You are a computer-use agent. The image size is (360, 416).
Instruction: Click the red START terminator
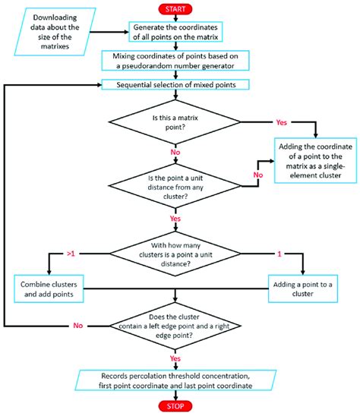click(176, 8)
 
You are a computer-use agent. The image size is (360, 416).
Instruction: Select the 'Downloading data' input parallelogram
click(61, 32)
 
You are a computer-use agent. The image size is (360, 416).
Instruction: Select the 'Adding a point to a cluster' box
click(305, 289)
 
